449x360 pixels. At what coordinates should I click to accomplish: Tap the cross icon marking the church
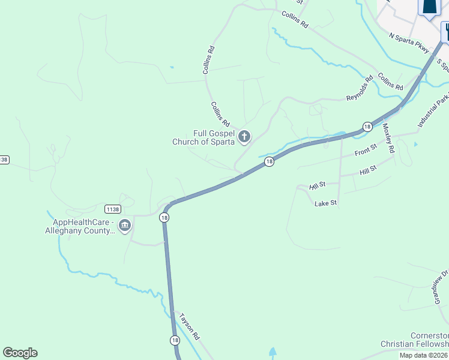click(244, 137)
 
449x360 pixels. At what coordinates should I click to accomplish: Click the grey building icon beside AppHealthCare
click(125, 226)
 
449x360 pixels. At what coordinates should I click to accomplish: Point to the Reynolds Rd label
click(360, 88)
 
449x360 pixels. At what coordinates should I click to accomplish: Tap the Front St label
click(365, 149)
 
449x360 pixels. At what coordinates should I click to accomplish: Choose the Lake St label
click(326, 204)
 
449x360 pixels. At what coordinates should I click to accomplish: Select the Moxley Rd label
click(387, 137)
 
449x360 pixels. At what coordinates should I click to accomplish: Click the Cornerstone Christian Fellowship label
click(414, 340)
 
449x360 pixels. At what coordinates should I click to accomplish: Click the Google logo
click(20, 353)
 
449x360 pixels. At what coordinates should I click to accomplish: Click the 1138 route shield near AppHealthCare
click(112, 209)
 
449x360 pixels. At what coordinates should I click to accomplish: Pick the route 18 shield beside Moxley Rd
click(367, 127)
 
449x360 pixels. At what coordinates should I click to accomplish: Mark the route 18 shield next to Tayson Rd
click(175, 340)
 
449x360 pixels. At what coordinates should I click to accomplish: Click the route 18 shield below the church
click(270, 161)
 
